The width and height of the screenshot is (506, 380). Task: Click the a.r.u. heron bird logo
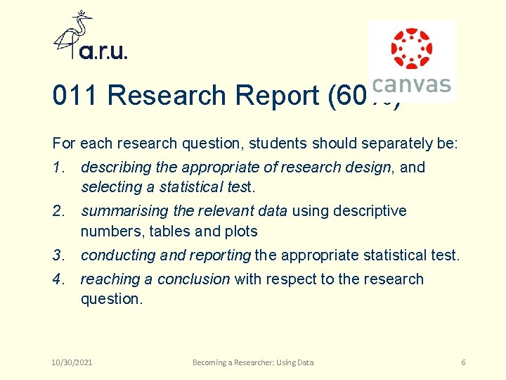[x=74, y=35]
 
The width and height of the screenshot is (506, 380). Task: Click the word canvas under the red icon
[x=411, y=85]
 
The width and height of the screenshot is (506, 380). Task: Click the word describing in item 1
[x=116, y=167]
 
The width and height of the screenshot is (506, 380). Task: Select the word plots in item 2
[x=241, y=231]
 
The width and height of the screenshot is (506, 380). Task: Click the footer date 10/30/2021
[x=72, y=362]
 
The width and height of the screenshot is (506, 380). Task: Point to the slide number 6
[x=463, y=362]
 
